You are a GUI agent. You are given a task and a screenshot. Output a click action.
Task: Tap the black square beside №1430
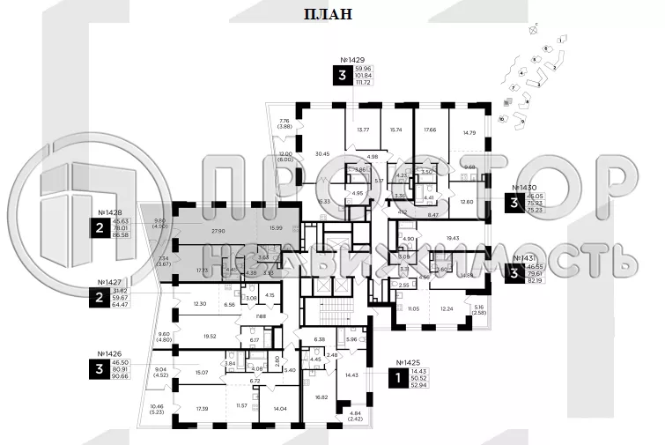(x=514, y=203)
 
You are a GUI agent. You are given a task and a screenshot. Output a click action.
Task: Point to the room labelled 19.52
(x=209, y=337)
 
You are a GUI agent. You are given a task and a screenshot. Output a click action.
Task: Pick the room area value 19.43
(x=454, y=238)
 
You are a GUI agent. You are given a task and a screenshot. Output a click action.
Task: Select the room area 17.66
(x=430, y=130)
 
